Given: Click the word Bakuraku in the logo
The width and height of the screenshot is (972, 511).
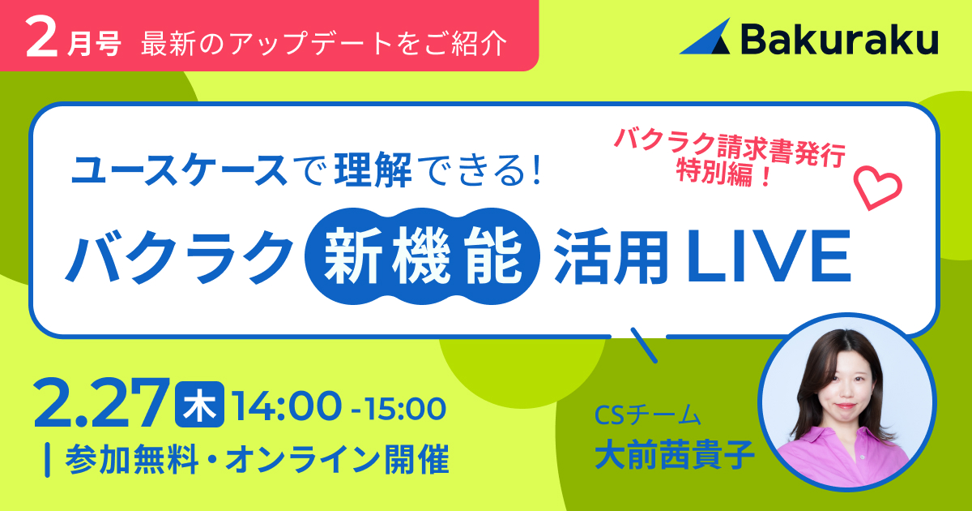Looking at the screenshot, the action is (x=840, y=38).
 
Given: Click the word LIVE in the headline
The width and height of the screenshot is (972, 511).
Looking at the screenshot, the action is (x=769, y=256).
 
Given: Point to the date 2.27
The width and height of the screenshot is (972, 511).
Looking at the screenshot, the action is (x=101, y=403).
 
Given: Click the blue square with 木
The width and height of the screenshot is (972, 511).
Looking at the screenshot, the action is (x=199, y=404).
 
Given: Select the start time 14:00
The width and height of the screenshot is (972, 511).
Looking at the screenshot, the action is (x=287, y=406).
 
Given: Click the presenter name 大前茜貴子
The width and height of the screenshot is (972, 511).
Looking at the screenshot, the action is (x=674, y=454).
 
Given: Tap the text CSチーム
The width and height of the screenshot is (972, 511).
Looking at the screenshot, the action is (x=647, y=415).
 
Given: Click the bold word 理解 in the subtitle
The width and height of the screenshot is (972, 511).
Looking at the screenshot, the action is (x=373, y=170).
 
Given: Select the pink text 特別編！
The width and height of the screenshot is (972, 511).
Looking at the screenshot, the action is (x=723, y=174).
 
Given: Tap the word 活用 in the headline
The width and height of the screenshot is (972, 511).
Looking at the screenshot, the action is (x=611, y=256).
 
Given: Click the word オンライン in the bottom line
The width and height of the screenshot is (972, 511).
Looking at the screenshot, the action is (x=304, y=459).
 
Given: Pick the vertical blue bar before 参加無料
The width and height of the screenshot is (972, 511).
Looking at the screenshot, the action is (x=47, y=460).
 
